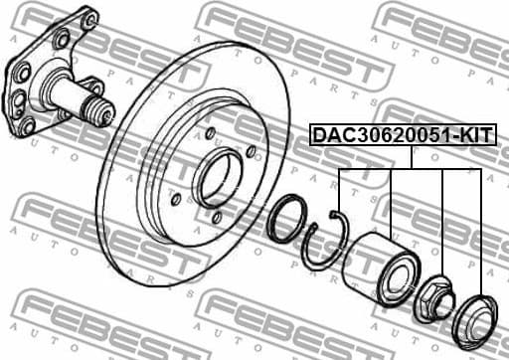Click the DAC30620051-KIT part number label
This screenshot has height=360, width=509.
tap(403, 133)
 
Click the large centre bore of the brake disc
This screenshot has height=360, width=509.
tap(218, 180)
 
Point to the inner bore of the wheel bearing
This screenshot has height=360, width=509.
tap(403, 275)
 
